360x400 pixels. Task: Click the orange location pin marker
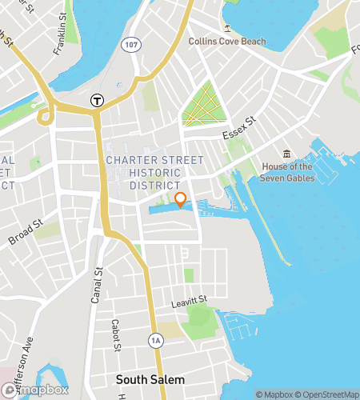(180, 199)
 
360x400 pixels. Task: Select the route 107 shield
(131, 46)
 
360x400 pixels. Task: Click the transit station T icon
(97, 100)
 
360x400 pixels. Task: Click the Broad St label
(25, 232)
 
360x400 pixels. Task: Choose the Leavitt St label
(189, 301)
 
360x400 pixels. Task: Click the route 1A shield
(155, 340)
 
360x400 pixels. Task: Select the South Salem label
(150, 378)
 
